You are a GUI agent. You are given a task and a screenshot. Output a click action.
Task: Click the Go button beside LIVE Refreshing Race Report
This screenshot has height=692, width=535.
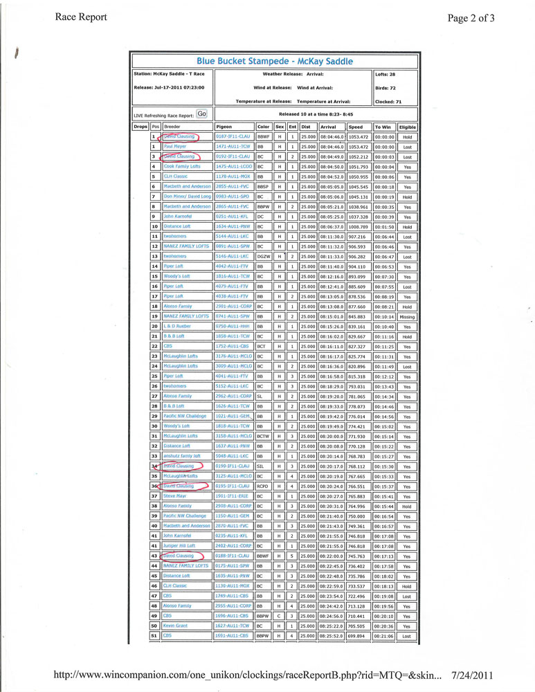201,113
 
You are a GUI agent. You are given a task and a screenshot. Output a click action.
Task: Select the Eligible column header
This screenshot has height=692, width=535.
408,127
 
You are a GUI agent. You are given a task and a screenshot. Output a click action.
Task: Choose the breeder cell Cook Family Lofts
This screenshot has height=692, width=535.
183,167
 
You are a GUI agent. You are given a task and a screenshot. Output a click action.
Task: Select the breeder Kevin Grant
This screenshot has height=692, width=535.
175,626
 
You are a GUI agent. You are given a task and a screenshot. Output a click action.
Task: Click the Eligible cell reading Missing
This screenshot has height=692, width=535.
408,316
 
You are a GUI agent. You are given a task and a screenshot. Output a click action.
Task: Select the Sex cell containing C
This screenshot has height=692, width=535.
280,616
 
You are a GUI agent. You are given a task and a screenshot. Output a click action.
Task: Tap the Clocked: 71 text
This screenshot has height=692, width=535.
388,101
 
